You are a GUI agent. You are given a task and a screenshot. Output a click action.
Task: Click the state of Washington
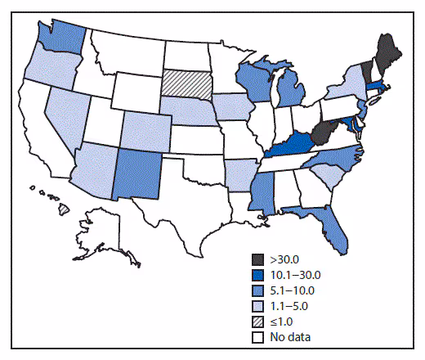click(56, 38)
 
